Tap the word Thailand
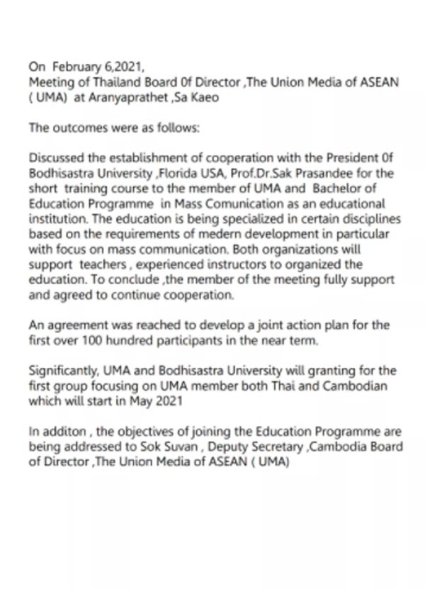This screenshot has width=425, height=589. [103, 82]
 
